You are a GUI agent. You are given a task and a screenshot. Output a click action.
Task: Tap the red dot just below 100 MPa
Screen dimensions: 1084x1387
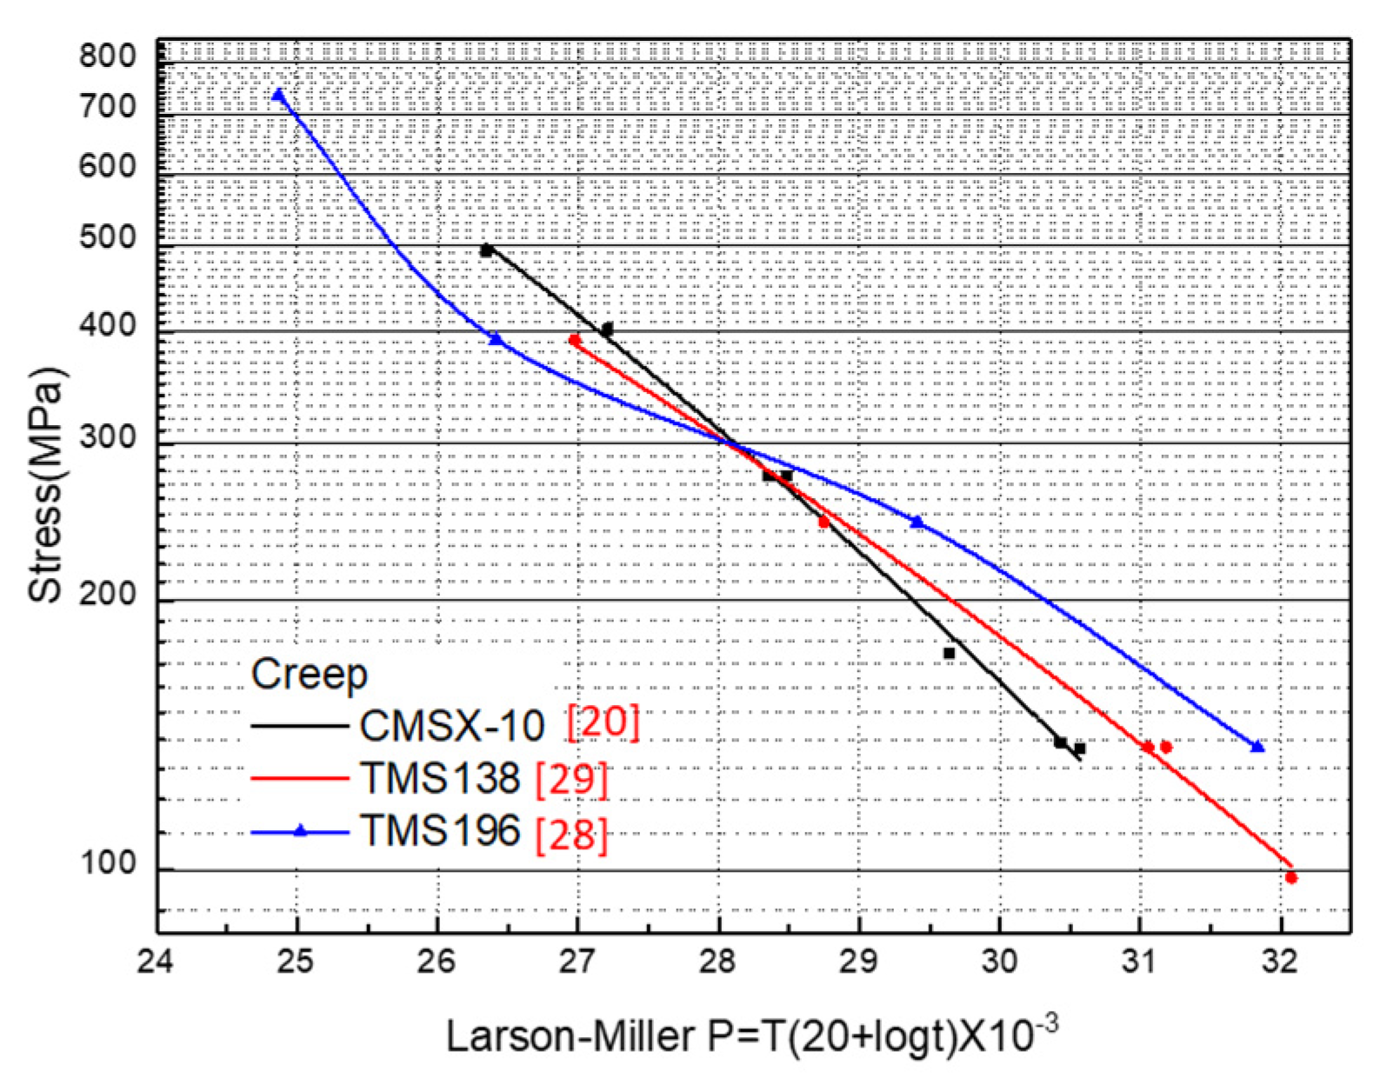click(1291, 878)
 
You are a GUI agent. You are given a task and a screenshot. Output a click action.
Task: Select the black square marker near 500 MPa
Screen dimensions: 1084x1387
click(487, 251)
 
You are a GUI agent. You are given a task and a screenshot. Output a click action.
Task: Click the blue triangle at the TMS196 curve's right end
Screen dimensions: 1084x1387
click(1257, 747)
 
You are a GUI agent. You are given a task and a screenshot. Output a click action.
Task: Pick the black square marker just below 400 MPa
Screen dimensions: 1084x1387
click(607, 329)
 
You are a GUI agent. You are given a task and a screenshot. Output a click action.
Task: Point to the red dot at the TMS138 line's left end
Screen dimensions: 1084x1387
click(574, 341)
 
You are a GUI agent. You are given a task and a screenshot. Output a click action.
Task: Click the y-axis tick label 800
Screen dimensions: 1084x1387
click(108, 56)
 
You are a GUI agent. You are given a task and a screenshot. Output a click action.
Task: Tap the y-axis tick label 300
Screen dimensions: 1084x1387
click(108, 436)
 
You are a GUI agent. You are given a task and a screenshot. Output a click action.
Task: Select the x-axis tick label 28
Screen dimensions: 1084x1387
click(718, 962)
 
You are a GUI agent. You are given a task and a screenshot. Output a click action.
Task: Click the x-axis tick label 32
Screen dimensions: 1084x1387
click(1281, 962)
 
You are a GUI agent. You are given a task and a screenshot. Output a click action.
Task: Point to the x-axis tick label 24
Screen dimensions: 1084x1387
click(157, 962)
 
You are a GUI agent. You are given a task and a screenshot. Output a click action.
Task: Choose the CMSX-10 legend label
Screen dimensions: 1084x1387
click(452, 726)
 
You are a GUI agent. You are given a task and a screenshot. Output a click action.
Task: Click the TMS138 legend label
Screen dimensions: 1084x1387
click(440, 779)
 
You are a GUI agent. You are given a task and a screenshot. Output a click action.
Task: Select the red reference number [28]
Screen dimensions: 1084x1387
click(571, 835)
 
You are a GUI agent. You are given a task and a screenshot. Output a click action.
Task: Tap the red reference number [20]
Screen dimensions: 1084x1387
click(603, 722)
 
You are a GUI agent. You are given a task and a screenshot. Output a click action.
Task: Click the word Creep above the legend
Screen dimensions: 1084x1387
click(310, 675)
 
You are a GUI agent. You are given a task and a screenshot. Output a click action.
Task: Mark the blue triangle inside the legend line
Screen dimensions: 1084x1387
click(300, 832)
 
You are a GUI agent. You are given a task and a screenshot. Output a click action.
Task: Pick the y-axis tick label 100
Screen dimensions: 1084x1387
click(108, 864)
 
